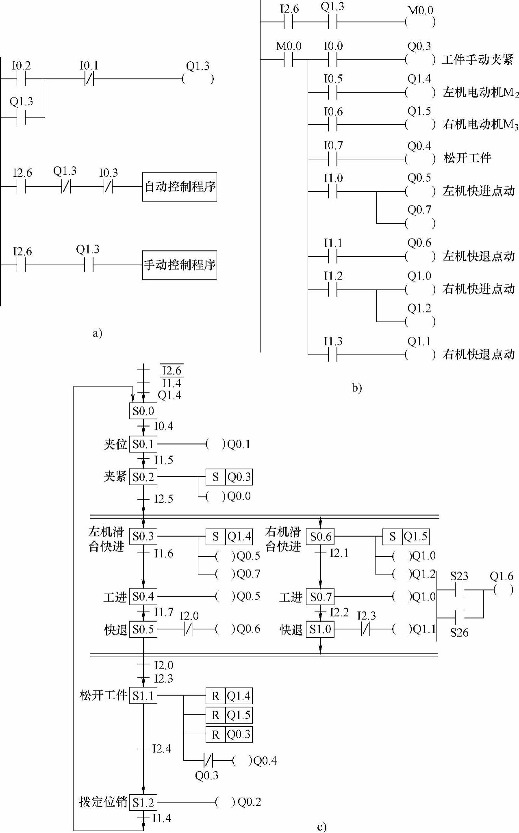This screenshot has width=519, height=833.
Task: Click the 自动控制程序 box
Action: click(180, 187)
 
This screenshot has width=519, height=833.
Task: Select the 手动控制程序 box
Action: click(180, 265)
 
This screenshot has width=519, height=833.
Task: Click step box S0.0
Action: click(143, 411)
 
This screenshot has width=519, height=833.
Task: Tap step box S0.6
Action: click(321, 537)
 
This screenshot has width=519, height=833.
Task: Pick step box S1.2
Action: click(143, 803)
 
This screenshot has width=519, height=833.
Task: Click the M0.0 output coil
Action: click(420, 22)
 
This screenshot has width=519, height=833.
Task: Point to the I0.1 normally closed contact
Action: click(89, 79)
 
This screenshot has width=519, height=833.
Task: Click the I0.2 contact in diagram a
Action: click(21, 79)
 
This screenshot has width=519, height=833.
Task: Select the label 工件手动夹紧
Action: click(478, 60)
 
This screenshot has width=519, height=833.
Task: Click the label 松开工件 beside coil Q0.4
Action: click(467, 158)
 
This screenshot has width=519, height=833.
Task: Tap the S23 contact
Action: click(459, 590)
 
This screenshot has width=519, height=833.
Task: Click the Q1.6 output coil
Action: click(503, 590)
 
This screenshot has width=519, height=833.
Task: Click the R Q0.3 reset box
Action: click(229, 734)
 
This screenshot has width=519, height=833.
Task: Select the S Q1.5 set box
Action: click(406, 537)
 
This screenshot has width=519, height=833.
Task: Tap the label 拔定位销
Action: click(103, 802)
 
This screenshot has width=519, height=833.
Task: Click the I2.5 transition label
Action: click(163, 499)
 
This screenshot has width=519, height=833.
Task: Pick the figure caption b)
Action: click(356, 388)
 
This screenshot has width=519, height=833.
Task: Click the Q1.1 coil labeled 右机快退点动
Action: click(420, 355)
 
